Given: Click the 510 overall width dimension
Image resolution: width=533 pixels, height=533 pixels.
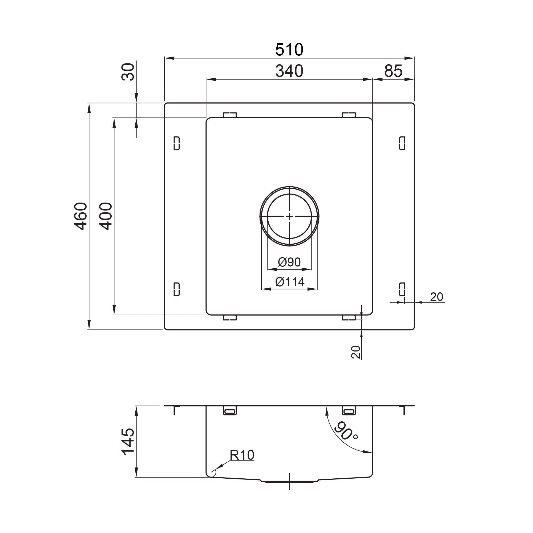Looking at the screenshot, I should click(x=289, y=50).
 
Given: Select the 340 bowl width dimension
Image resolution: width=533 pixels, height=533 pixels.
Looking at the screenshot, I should click(x=289, y=71).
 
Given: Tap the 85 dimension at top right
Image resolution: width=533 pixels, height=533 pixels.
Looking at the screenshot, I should click(x=393, y=71).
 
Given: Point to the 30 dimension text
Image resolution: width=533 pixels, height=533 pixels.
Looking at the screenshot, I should click(x=128, y=72).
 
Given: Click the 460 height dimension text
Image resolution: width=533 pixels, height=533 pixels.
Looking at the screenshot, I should click(x=81, y=216).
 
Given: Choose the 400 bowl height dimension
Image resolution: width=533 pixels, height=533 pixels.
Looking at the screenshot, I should click(x=106, y=216).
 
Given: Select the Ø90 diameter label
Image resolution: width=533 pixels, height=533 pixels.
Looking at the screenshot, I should click(x=289, y=262).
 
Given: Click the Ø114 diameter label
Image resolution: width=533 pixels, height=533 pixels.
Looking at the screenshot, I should click(x=290, y=282).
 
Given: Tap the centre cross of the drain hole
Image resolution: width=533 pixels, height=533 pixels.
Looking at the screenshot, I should click(x=289, y=217).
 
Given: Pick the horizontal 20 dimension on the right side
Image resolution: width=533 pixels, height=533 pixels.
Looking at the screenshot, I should click(x=437, y=297).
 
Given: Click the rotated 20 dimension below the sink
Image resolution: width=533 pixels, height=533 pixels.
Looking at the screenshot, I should click(x=356, y=352).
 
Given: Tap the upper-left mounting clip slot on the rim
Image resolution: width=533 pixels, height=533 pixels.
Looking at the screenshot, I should click(x=177, y=143).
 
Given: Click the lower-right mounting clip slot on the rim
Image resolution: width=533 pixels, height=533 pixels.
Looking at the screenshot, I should click(x=402, y=289).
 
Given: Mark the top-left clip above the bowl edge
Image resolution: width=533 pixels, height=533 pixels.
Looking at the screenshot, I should click(x=229, y=115).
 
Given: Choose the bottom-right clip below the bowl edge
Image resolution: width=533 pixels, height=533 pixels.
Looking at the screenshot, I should click(x=349, y=318).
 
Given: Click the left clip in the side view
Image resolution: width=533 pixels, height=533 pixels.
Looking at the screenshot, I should click(x=229, y=418).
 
